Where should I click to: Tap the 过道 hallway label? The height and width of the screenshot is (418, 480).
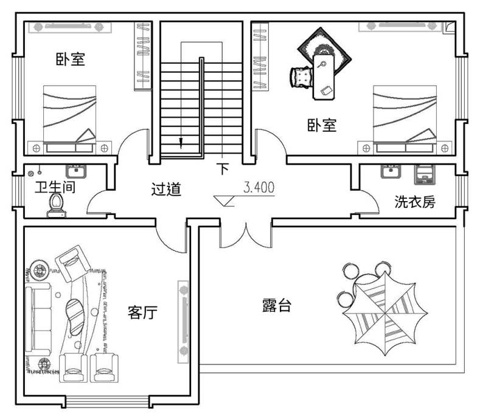[166, 189]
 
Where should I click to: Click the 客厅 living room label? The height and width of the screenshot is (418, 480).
[142, 313]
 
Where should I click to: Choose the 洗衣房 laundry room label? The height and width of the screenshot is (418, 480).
[415, 202]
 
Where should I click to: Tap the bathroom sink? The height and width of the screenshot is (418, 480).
[77, 171]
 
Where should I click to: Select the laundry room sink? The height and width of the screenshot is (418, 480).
[389, 171]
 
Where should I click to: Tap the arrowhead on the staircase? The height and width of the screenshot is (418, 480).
[181, 144]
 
